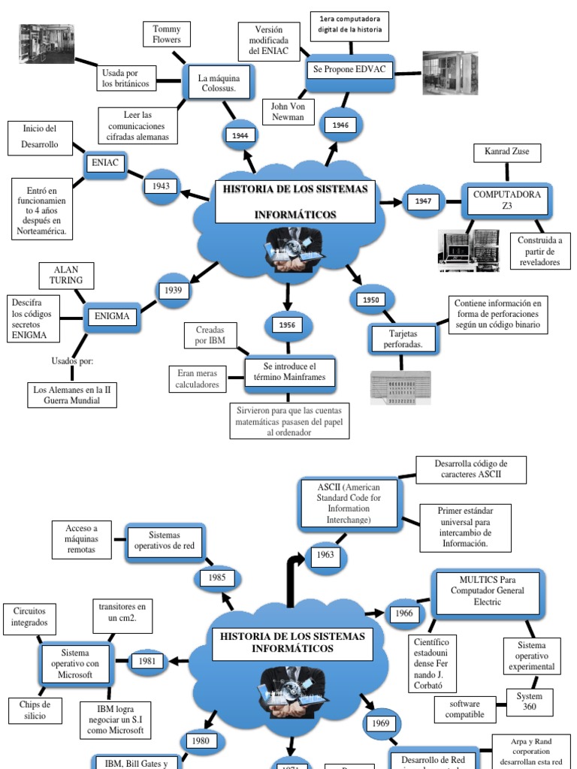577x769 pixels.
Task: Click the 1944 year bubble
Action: pyautogui.click(x=240, y=135)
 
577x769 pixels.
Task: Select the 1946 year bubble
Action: pyautogui.click(x=341, y=125)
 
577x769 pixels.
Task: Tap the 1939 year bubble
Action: pyautogui.click(x=174, y=290)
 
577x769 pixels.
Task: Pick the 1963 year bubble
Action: pyautogui.click(x=325, y=556)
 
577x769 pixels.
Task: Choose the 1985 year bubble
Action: pyautogui.click(x=217, y=578)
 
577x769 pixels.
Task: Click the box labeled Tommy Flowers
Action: pyautogui.click(x=168, y=34)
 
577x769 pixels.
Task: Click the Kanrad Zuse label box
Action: pyautogui.click(x=506, y=152)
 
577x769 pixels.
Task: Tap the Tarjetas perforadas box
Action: pyautogui.click(x=403, y=339)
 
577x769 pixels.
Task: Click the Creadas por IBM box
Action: pyautogui.click(x=210, y=336)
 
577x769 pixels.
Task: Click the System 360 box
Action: pyautogui.click(x=530, y=702)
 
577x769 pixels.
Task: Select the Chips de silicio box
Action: pyautogui.click(x=35, y=710)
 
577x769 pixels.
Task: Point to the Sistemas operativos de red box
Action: pyautogui.click(x=165, y=540)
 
